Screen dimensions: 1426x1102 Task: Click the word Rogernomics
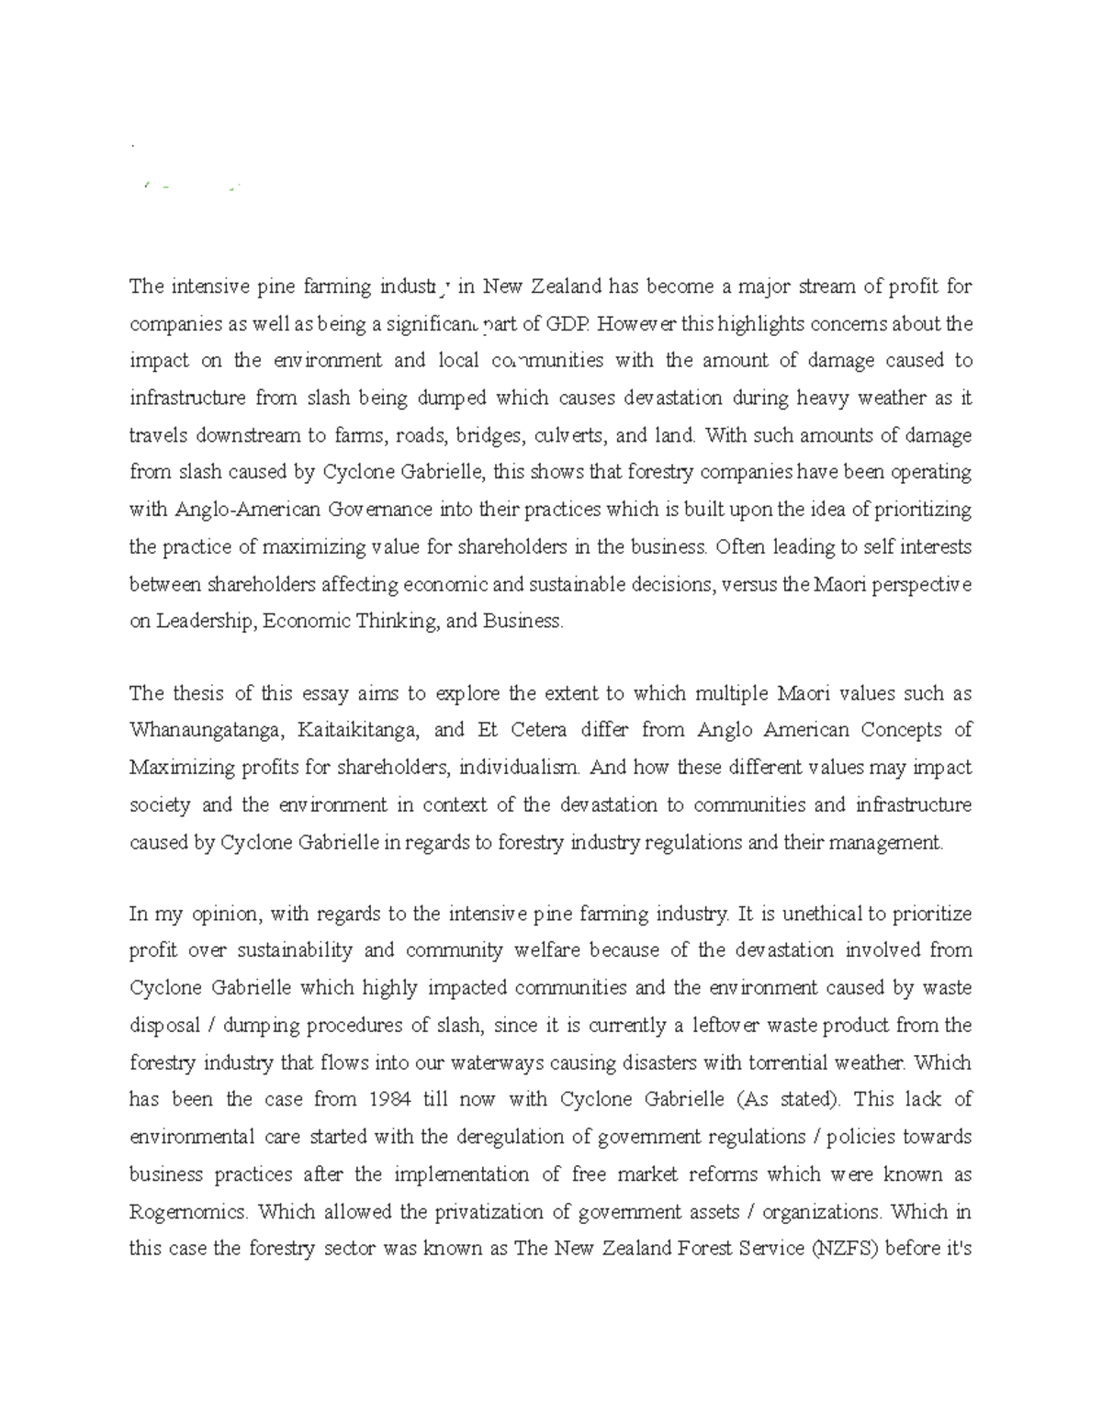[188, 1212]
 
